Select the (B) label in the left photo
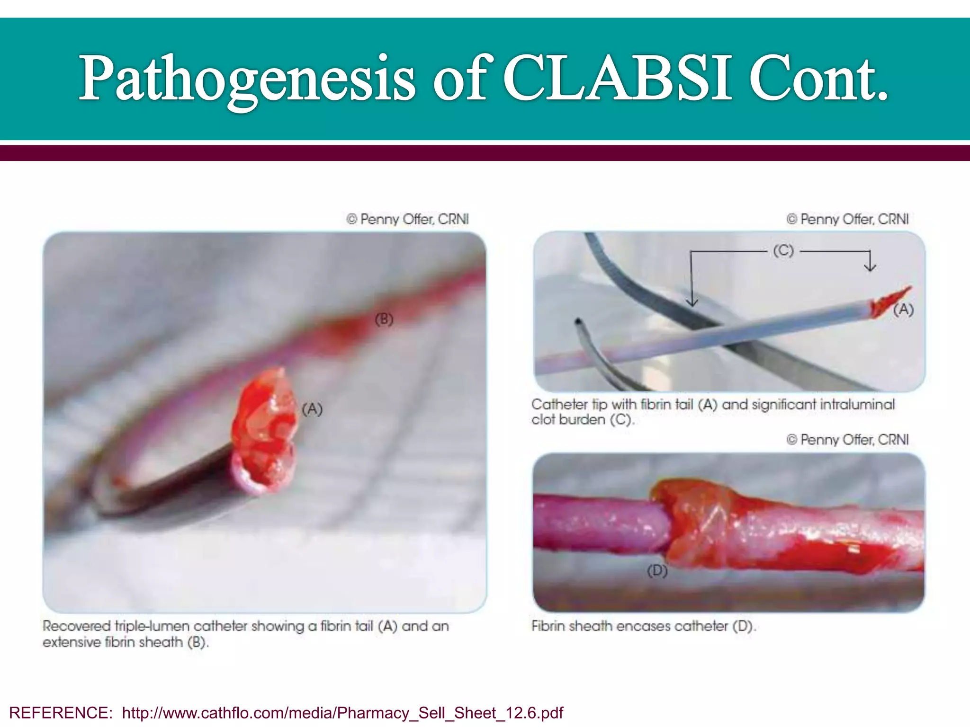pos(384,319)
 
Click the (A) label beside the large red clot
pos(312,409)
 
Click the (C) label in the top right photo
pos(783,250)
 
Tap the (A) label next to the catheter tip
pos(903,310)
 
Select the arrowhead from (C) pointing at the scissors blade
pos(692,302)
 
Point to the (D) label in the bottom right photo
pos(657,571)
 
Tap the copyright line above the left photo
pos(407,219)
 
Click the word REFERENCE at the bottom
pos(60,712)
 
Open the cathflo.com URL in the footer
pos(342,712)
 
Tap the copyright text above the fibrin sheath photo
pos(847,440)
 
